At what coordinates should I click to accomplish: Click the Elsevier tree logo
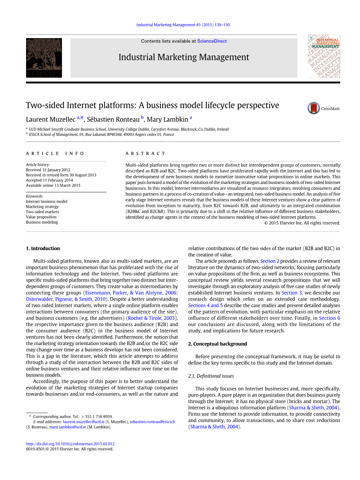(44, 58)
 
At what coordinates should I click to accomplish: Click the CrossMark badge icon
(314, 108)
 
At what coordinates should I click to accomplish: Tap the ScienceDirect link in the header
(212, 41)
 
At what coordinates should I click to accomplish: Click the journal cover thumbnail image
(323, 56)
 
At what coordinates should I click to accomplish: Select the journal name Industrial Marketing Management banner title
(184, 57)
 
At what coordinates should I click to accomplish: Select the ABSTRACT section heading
(145, 154)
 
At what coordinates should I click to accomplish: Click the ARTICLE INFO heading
(55, 154)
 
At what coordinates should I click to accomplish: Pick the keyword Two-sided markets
(42, 212)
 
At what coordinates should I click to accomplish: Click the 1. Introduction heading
(43, 249)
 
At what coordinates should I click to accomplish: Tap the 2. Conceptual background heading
(218, 344)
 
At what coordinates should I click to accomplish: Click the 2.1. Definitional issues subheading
(211, 376)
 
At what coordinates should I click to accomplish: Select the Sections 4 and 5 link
(205, 306)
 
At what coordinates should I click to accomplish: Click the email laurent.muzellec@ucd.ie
(84, 422)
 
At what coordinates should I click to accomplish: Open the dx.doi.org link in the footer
(70, 444)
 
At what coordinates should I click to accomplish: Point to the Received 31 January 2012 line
(48, 170)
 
